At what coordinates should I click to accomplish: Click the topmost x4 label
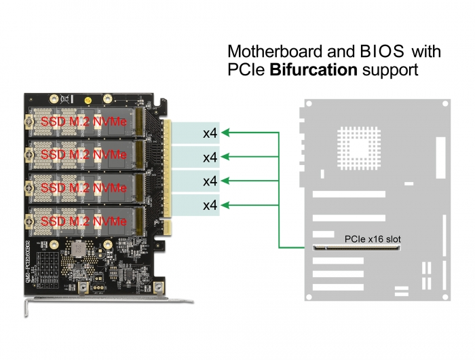point(210,133)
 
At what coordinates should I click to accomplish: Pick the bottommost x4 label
point(210,204)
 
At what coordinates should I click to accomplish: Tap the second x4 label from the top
point(210,157)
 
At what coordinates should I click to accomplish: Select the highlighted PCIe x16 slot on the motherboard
point(356,248)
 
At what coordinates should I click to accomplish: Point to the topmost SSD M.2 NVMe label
point(83,122)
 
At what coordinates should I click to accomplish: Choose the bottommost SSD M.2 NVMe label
point(83,221)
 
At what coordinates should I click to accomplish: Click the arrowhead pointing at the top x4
point(227,132)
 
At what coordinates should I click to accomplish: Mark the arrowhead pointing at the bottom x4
point(227,204)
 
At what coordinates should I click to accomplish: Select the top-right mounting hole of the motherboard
point(444,105)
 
